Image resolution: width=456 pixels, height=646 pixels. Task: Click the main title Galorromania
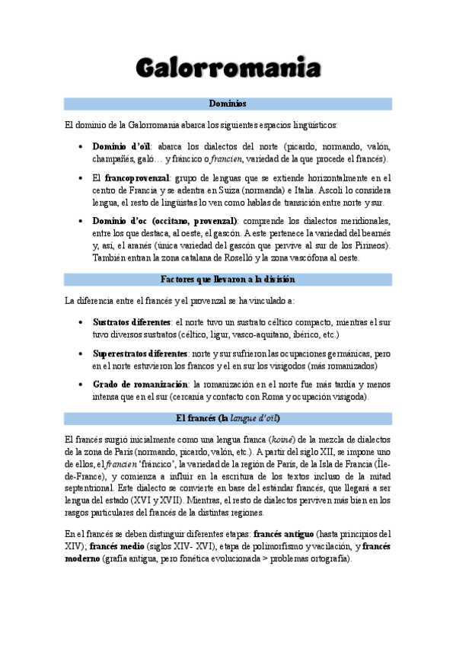(228, 68)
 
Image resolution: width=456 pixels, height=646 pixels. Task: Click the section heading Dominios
(228, 103)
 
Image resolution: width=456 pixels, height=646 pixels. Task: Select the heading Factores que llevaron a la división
(228, 280)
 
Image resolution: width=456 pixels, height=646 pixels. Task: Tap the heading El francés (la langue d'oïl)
(228, 418)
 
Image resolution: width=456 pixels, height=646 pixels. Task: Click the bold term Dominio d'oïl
(122, 146)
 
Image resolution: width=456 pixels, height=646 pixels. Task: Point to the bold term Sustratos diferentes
(130, 322)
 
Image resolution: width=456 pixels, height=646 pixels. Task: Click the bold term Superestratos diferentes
(139, 354)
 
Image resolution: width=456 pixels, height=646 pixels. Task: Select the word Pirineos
(365, 245)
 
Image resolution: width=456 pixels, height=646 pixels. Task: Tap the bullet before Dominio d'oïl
(80, 147)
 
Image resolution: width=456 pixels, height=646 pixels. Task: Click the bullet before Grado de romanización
(80, 385)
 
